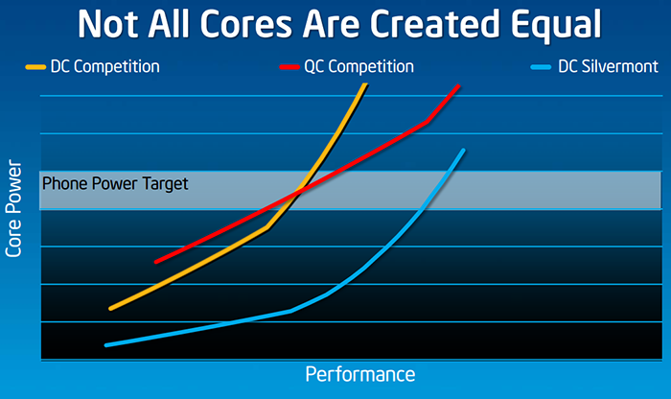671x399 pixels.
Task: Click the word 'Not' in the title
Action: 109,23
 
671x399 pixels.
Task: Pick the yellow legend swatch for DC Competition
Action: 34,68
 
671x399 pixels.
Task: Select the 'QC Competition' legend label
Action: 359,67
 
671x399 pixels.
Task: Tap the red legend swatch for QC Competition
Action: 289,68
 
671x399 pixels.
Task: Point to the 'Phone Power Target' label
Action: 116,183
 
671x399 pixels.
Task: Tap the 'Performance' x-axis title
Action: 359,373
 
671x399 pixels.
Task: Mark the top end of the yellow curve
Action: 365,85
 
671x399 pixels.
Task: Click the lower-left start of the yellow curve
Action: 111,308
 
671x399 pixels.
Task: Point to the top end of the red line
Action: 459,86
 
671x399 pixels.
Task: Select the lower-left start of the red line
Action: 156,261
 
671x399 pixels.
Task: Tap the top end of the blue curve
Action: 464,151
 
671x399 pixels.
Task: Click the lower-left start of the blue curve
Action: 106,344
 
